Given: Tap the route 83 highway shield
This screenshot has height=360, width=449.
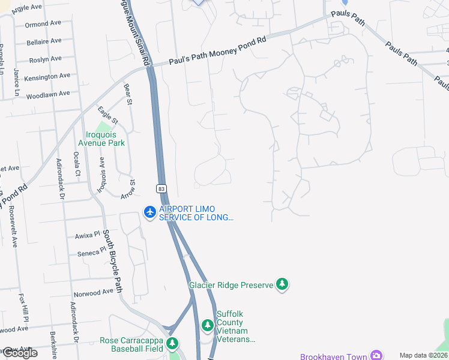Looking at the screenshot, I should click(161, 188).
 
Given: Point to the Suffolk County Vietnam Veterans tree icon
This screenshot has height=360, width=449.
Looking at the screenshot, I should click(207, 326).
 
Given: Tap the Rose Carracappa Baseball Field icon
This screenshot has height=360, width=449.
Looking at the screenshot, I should click(172, 343).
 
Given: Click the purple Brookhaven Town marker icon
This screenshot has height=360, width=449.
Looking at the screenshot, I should click(376, 356).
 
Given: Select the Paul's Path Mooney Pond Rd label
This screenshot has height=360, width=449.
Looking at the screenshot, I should click(217, 50).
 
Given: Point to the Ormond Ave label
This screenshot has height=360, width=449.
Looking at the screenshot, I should click(43, 25).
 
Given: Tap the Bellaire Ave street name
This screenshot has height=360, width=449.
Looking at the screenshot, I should click(44, 41).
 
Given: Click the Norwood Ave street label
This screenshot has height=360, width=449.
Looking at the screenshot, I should click(93, 292).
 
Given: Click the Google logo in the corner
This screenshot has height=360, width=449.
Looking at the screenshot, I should click(19, 353).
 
